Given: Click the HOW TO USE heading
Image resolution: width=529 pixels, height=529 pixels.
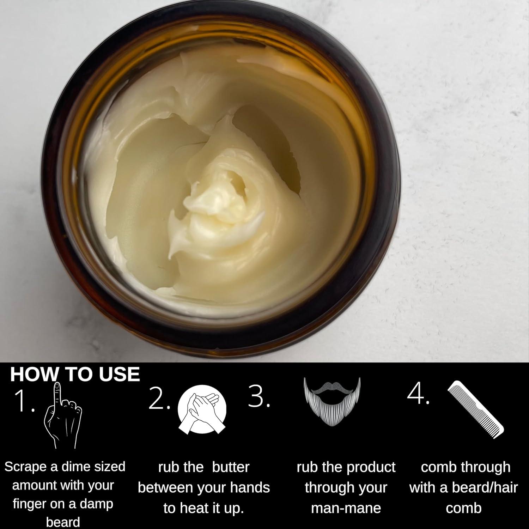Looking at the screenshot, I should pos(75,374).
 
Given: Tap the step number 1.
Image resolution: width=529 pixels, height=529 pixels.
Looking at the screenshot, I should pos(24,401).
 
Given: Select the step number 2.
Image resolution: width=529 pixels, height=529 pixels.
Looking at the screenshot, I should pos(159,399).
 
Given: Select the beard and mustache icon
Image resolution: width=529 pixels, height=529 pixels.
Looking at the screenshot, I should pos(332,402).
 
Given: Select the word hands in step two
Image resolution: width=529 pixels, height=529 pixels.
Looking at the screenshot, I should pos(251,488).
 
